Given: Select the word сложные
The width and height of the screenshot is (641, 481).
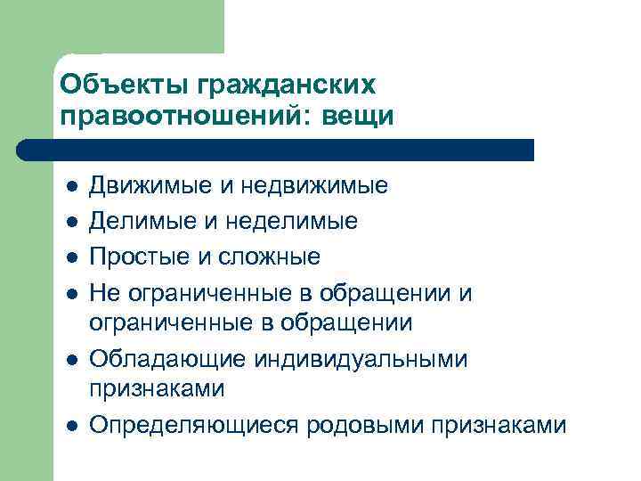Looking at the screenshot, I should point(272,257).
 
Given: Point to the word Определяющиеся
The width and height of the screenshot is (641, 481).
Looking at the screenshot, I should point(193,425).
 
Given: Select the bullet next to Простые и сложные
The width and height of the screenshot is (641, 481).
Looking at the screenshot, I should point(71,257).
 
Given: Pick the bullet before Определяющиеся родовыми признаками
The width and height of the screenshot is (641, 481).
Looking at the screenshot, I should point(71,425).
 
